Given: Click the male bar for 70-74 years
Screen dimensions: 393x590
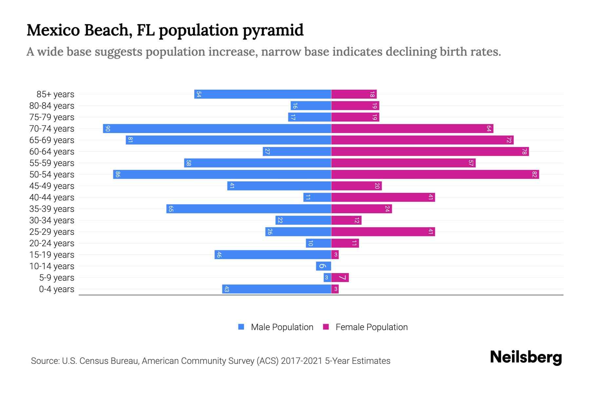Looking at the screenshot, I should (x=217, y=128).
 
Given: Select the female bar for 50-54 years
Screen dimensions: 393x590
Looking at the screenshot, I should (x=435, y=174).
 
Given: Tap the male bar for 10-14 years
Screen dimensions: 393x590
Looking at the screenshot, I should (x=323, y=266).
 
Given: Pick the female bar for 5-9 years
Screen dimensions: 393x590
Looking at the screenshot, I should (x=340, y=277).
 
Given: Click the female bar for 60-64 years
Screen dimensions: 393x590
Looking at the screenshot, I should (x=430, y=151).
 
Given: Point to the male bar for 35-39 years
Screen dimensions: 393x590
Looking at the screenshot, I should (x=248, y=209).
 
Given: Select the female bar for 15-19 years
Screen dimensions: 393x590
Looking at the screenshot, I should (x=335, y=254).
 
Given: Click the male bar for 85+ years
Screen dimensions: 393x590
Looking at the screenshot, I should (x=263, y=94).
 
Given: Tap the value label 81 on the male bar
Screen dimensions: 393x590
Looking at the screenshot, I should (x=130, y=140).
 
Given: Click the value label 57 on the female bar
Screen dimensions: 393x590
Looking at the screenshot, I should (x=471, y=163).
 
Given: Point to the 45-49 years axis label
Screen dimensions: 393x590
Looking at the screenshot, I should (x=52, y=186).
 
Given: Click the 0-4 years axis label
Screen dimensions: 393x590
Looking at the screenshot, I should (x=56, y=289).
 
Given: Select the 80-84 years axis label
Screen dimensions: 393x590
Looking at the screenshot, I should (x=52, y=106).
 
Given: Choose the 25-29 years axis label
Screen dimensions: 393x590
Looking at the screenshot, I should (x=52, y=232).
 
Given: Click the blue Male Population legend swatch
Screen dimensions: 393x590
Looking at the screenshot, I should (x=241, y=327).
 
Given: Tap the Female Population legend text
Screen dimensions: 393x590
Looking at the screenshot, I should (x=371, y=327).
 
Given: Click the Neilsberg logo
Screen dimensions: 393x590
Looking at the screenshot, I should (x=526, y=357).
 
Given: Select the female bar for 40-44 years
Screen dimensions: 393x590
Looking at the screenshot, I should (x=383, y=197).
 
